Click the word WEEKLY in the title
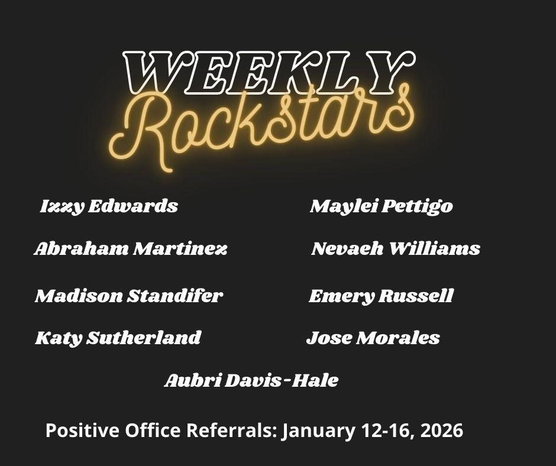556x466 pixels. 269,72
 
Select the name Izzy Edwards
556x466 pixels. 109,206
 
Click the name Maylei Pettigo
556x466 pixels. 381,206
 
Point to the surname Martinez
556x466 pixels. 180,248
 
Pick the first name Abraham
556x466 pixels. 81,248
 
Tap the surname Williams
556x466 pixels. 435,248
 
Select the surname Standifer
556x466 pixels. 175,296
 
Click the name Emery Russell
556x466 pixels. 381,296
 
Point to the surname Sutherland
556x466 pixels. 144,338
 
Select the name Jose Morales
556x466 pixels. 373,338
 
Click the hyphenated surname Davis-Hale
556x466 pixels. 282,380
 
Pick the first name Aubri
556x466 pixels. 193,380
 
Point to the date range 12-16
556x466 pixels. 387,431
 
